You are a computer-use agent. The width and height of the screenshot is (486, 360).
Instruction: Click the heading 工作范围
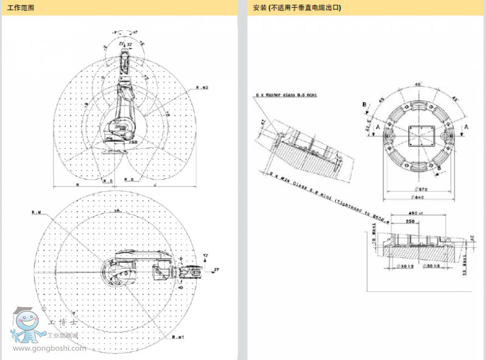tap(21, 8)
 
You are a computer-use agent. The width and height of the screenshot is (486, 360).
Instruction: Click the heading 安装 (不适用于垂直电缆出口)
tap(297, 8)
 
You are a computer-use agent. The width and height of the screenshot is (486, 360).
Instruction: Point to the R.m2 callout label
tap(202, 88)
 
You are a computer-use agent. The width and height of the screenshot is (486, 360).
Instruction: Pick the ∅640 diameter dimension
tap(419, 197)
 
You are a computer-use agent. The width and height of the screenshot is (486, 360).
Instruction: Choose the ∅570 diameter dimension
tap(419, 189)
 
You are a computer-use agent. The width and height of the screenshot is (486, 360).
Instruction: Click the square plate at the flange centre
tap(419, 135)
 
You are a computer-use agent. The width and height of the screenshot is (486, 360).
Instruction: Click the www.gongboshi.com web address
tap(46, 348)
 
